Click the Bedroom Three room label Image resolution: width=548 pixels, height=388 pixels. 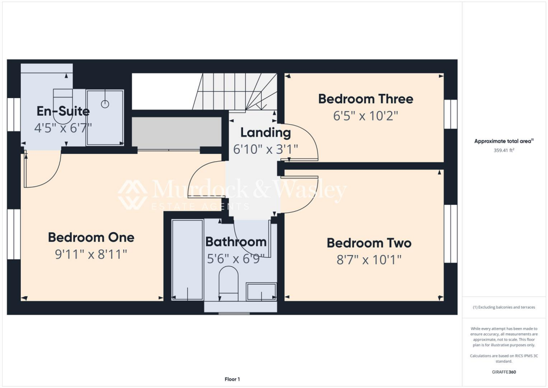366,99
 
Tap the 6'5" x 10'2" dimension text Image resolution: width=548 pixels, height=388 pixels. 366,116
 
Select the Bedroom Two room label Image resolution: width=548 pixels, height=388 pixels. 369,243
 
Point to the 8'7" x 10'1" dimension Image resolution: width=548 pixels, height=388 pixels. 369,260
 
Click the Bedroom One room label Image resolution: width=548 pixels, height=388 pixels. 91,237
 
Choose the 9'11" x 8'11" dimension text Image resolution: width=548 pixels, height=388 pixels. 91,254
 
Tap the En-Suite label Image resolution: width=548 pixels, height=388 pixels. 63,111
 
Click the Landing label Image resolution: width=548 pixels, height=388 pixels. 265,132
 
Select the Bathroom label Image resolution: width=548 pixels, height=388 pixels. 236,242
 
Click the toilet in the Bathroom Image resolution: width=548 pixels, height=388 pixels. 229,284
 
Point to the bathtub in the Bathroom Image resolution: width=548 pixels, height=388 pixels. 187,260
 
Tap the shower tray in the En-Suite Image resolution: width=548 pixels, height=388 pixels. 105,117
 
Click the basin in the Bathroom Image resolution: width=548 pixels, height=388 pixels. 261,292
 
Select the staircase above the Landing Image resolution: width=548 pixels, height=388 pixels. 235,91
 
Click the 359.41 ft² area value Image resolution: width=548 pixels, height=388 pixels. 503,151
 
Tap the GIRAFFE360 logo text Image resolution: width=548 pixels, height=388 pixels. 504,371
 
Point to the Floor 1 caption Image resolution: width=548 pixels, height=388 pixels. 232,379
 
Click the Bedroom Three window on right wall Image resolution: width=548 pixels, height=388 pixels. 451,114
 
